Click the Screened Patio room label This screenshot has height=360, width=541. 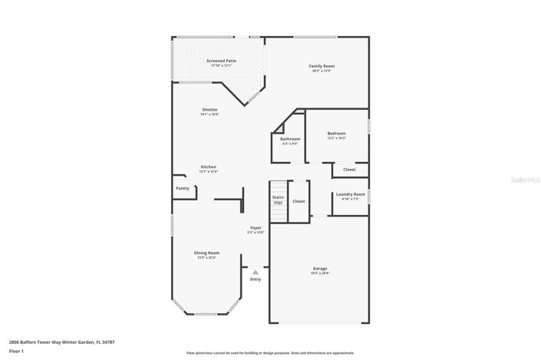tap(221, 61)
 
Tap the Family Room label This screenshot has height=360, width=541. tap(322, 66)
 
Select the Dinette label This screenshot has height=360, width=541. tap(209, 110)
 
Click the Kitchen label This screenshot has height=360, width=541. tap(209, 167)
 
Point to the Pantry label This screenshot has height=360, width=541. tap(182, 188)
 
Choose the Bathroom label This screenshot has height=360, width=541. tap(289, 139)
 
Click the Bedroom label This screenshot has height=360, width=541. tap(336, 134)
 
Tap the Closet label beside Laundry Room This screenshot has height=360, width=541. tap(349, 170)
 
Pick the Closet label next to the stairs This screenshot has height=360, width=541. tap(299, 201)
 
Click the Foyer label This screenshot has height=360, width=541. tap(256, 228)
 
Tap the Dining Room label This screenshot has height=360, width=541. tap(206, 253)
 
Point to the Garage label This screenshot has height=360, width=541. tap(319, 269)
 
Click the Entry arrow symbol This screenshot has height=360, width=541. tap(256, 272)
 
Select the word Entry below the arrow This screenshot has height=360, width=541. tap(256, 279)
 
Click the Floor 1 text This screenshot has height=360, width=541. tap(17, 351)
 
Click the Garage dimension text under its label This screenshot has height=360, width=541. tap(319, 274)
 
